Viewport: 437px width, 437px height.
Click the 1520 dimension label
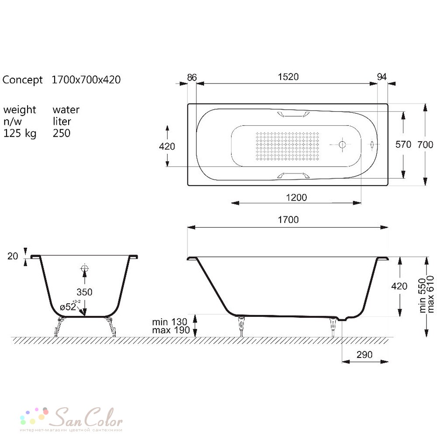coord(288,76)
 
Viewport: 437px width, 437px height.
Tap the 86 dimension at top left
coord(192,77)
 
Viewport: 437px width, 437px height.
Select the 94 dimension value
coord(382,76)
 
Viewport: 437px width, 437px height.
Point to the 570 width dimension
coord(403,144)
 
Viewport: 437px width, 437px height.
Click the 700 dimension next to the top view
coord(425,144)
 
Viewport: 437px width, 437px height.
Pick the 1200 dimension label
coord(296,198)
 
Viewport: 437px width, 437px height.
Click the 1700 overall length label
coord(288,220)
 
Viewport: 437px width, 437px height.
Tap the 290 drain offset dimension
coord(364,354)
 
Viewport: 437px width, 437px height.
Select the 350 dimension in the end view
coord(84,292)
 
